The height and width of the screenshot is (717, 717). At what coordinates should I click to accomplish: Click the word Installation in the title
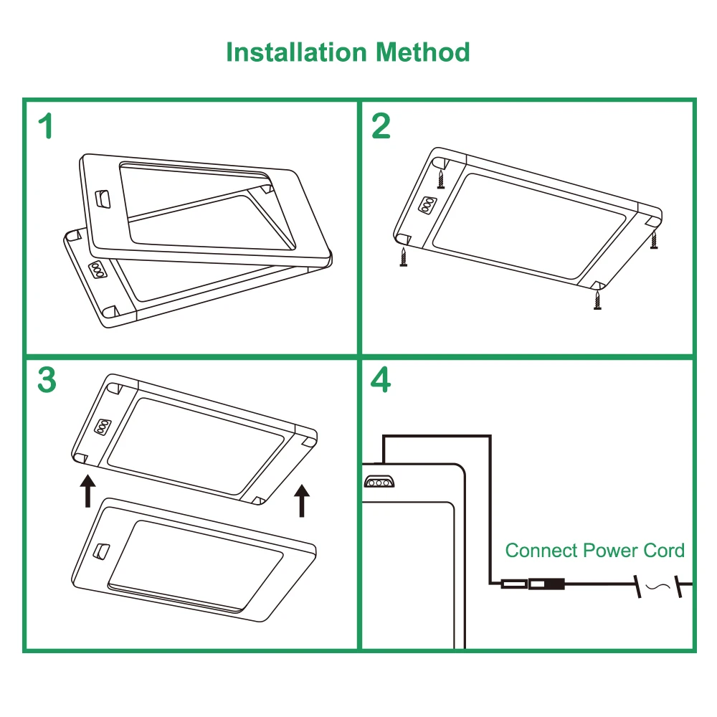297,52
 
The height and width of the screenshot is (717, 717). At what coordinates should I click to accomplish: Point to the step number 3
46,380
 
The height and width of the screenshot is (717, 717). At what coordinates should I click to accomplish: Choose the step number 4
381,380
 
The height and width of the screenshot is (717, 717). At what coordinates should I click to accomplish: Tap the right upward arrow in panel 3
303,500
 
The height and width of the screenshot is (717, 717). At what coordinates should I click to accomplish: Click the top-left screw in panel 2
442,176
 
